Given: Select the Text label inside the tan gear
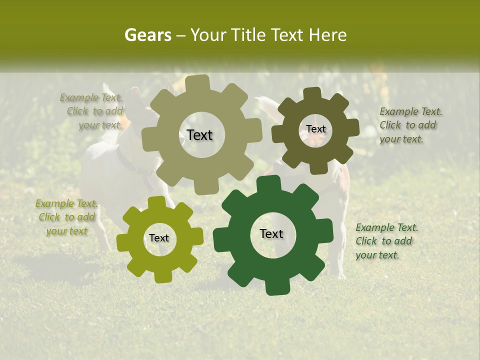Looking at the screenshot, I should point(199,135).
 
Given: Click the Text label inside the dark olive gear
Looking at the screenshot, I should point(315,129).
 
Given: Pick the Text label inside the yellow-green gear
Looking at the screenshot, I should point(159,238).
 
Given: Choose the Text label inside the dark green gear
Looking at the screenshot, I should point(271,233).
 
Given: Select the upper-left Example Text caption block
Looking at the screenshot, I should point(92,111).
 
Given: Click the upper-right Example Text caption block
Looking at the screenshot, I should point(410,125).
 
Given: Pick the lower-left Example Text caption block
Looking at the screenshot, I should point(66,217).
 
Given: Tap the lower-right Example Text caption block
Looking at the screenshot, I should point(386,241).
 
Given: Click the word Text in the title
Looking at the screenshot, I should point(288,35).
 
